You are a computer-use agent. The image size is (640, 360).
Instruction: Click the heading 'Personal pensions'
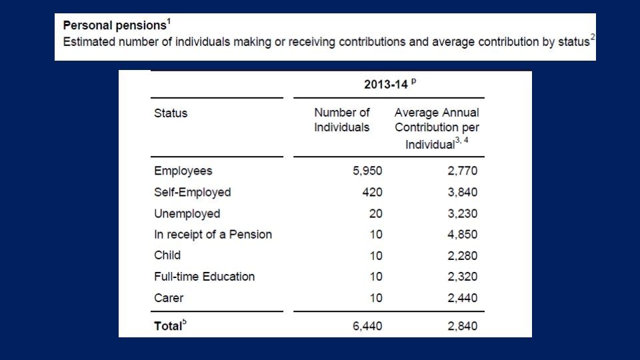114,26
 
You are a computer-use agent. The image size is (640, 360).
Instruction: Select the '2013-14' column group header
390,85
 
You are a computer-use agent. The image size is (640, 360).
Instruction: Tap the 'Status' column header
171,113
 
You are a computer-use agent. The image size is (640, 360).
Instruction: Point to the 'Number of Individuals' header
341,120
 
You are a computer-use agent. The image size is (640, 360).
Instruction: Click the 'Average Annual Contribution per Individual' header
437,128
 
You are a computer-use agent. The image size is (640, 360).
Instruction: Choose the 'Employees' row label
183,171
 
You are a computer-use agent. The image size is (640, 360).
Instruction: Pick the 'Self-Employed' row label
192,192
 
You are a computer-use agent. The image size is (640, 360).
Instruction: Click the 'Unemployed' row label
187,213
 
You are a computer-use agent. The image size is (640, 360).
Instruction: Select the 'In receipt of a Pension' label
213,234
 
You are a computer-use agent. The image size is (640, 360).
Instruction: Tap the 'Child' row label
167,255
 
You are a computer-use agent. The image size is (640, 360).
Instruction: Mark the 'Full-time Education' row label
204,277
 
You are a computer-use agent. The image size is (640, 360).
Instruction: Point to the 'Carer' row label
169,298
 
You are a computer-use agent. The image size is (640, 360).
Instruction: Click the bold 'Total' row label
169,326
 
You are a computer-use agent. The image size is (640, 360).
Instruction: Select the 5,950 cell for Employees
367,171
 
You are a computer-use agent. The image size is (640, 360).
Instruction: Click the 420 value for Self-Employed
372,192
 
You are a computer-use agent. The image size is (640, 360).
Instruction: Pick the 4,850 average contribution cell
462,234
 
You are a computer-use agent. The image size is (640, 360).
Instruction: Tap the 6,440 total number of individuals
367,326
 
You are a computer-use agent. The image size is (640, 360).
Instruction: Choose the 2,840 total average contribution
462,326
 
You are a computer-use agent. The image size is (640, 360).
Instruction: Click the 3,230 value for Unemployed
462,213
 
